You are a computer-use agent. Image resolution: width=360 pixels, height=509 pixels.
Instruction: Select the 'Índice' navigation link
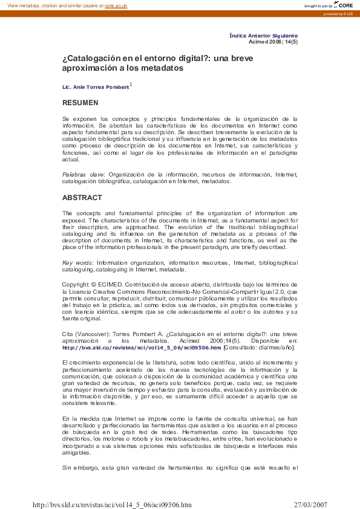click(238, 36)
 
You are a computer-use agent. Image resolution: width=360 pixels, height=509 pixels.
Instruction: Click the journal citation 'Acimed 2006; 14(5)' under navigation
click(273, 42)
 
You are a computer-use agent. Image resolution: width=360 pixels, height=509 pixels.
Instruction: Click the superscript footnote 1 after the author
click(131, 85)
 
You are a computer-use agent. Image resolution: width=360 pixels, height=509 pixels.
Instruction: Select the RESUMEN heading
click(80, 103)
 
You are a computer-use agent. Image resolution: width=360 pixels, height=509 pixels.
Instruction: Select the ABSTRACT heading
click(82, 198)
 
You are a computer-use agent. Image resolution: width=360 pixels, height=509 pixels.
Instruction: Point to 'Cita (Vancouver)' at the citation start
click(83, 334)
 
